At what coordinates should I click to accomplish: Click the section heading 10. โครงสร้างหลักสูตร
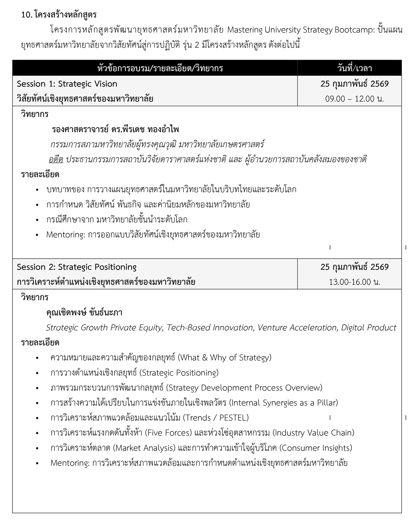59,15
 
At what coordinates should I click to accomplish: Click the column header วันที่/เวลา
354,68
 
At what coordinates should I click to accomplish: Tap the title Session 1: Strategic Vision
67,84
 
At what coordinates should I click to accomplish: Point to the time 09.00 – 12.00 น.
354,99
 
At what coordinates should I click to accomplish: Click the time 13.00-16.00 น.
354,282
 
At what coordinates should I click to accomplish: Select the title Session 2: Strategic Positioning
77,267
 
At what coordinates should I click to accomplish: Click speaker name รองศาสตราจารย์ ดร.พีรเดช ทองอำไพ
115,129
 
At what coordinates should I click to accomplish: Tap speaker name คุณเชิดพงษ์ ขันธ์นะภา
84,312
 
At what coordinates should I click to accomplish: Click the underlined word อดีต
56,159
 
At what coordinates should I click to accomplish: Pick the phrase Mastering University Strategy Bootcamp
301,30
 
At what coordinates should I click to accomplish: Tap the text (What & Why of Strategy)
225,358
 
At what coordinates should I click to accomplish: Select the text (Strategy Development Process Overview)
244,388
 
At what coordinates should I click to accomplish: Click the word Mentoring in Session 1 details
65,235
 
